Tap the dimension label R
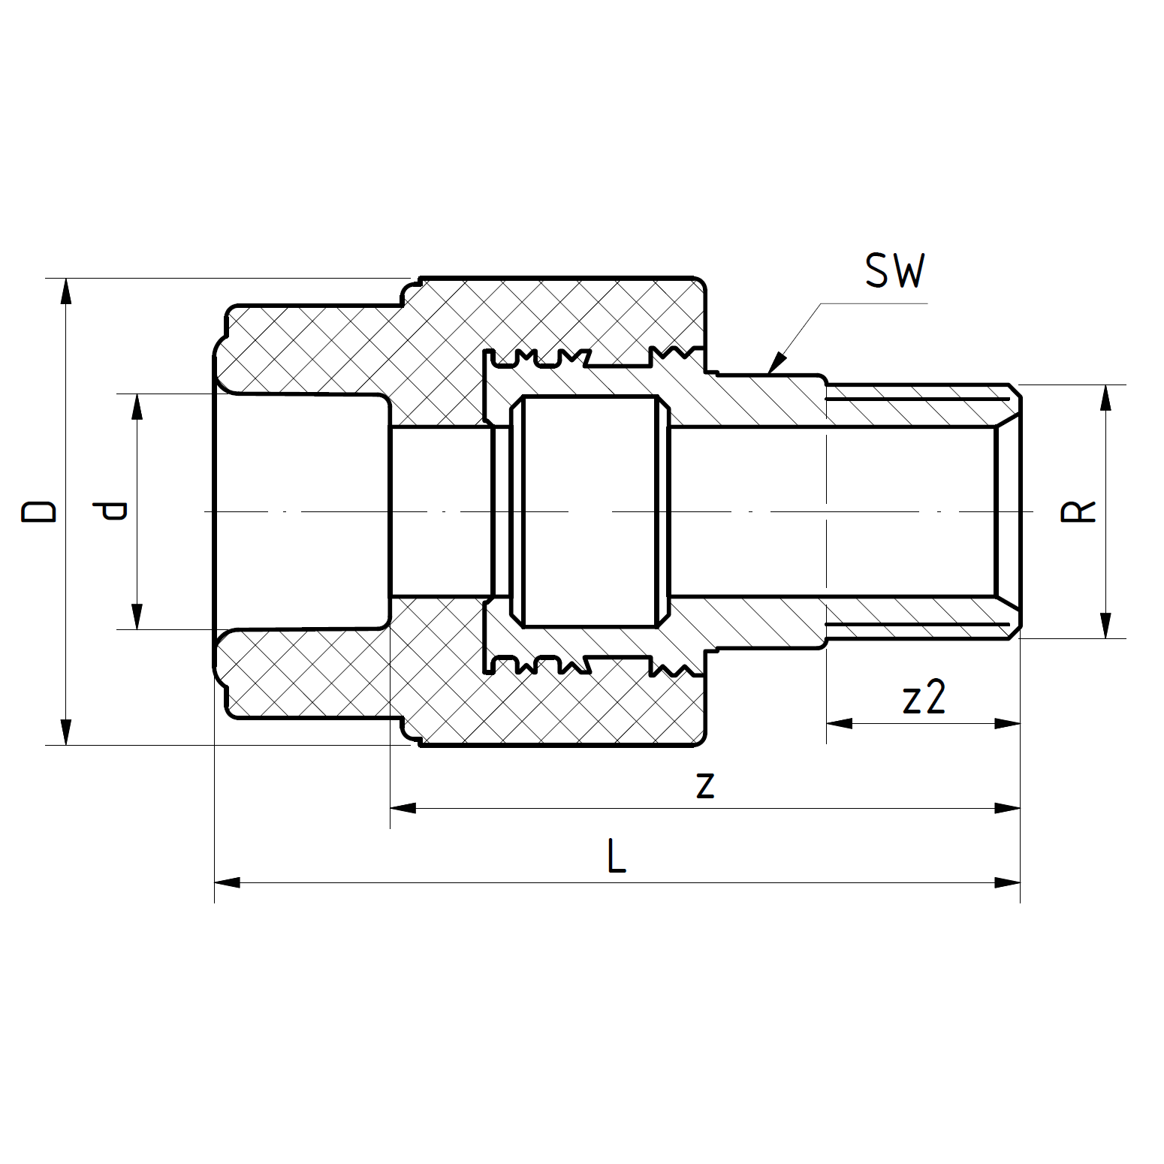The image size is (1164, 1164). coord(1078,511)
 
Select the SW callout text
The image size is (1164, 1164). coord(894,271)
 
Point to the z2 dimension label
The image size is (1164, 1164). coord(924,698)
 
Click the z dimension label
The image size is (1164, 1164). coord(704,786)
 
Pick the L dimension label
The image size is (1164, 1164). coord(617,857)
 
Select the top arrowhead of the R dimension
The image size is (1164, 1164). coord(1105,397)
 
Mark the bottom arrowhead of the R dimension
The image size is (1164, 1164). coord(1105,626)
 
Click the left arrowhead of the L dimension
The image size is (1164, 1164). coord(228,882)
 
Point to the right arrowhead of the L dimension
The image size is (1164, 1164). coord(1008,882)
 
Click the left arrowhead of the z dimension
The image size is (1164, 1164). coord(403,808)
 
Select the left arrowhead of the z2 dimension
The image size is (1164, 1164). coord(840,723)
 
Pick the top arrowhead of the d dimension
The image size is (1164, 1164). coord(137,406)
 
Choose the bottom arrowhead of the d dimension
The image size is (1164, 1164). coord(137,617)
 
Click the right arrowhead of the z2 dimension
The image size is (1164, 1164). coord(1008,723)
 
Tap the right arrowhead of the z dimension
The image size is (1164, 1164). coord(1008,808)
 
